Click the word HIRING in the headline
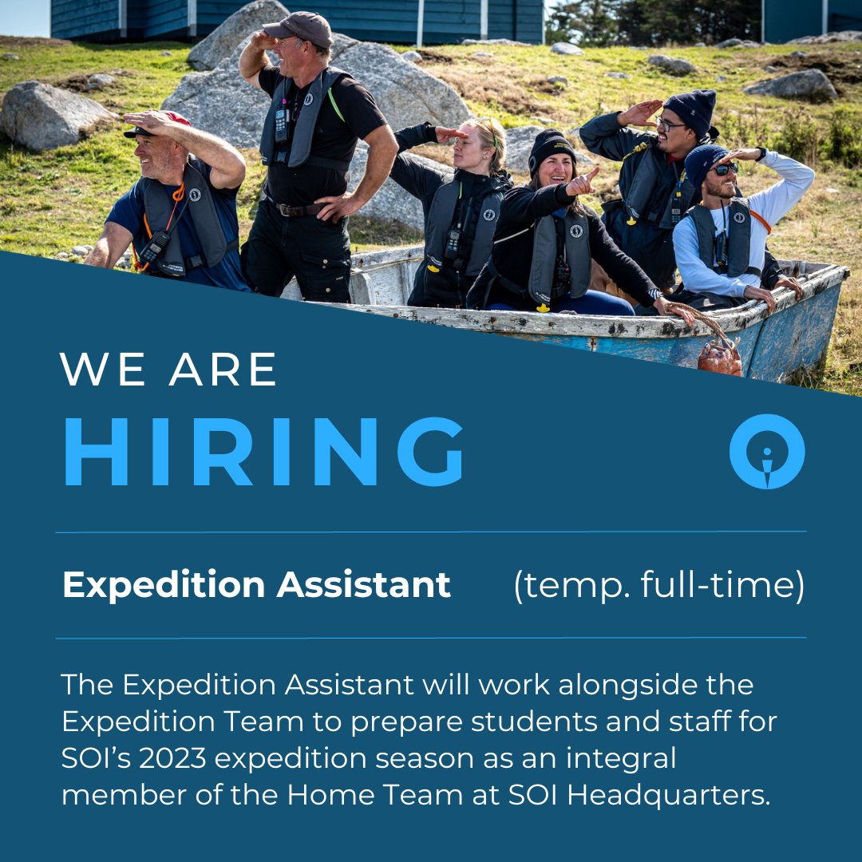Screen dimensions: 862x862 [263, 451]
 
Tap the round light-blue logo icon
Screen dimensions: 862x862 [767, 451]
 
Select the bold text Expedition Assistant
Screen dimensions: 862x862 [256, 585]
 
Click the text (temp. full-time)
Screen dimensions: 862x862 [658, 585]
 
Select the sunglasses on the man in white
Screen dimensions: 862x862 [724, 169]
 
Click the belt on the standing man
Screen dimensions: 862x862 [295, 209]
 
